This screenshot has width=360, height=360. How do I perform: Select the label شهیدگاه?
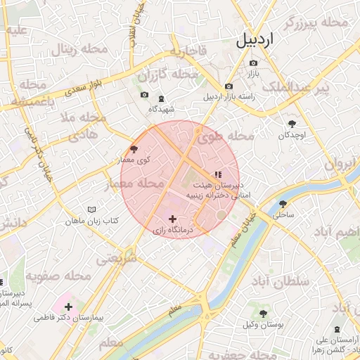(x=161, y=109)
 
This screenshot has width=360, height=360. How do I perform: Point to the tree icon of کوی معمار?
(x=134, y=149)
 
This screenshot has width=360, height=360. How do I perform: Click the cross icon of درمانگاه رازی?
(x=172, y=219)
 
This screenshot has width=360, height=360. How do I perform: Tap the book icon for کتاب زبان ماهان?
(x=91, y=210)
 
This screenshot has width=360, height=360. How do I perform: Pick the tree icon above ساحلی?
(x=283, y=203)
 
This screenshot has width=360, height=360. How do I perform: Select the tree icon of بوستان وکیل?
(x=264, y=313)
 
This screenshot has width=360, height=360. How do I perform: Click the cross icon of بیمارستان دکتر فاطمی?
(x=68, y=307)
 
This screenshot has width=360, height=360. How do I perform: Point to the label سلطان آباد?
(x=280, y=282)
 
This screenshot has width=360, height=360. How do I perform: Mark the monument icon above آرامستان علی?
(x=339, y=329)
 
